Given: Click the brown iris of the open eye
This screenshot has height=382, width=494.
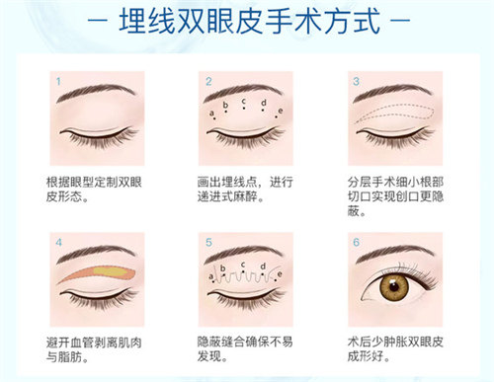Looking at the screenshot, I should click(x=396, y=288).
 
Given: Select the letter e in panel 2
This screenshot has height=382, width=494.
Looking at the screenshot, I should click(x=280, y=111).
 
